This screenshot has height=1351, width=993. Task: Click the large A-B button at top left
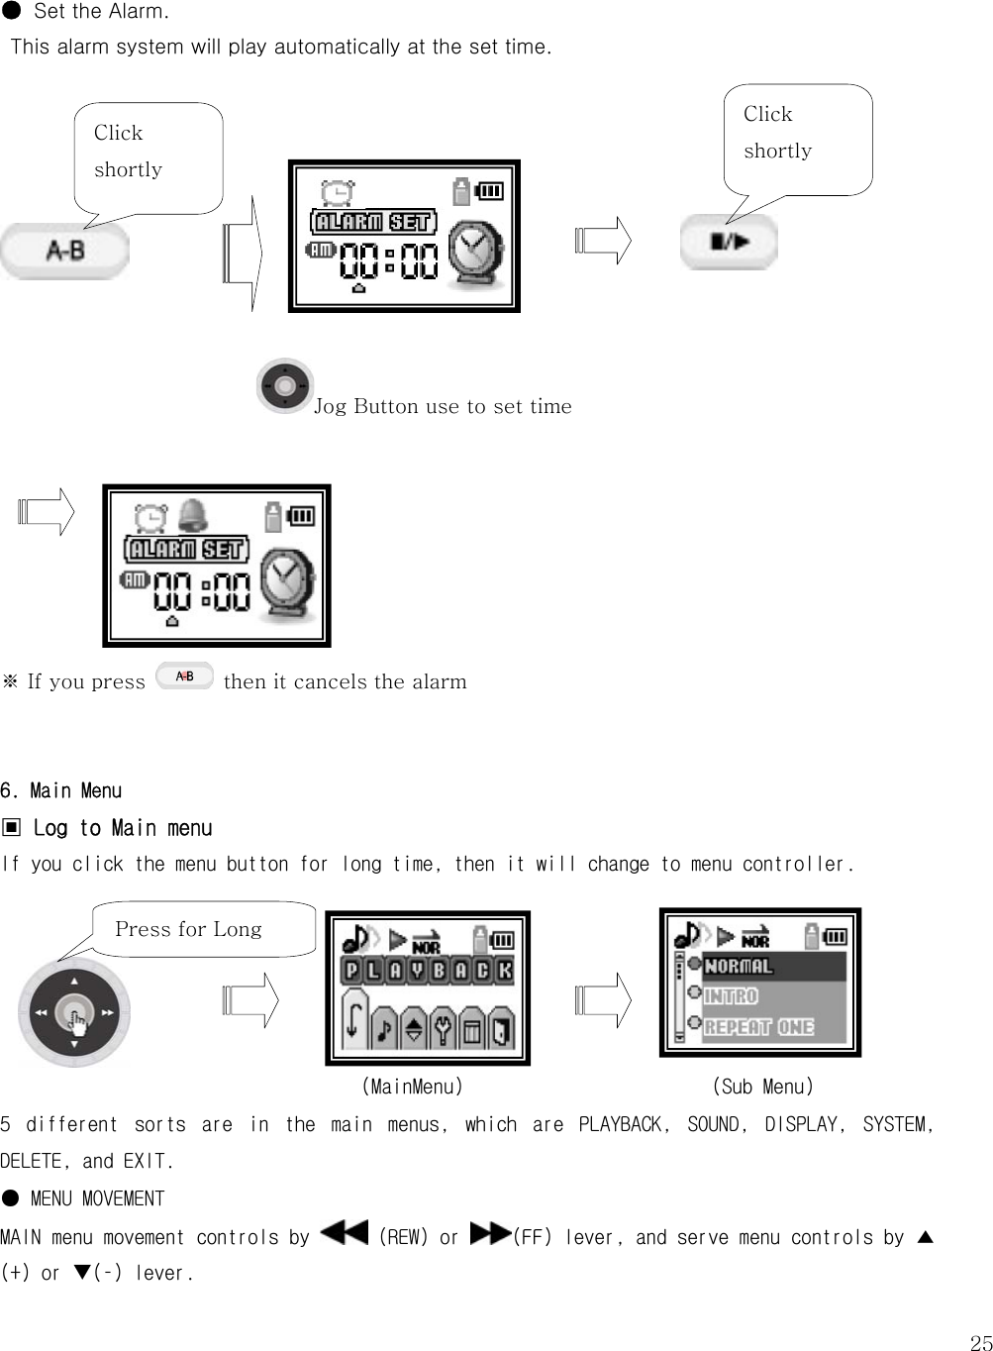64,251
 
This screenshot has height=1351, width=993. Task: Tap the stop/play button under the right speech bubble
729,242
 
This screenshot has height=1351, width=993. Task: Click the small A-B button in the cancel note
184,676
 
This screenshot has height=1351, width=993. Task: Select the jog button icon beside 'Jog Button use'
285,385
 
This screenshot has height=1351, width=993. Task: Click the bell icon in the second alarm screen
191,515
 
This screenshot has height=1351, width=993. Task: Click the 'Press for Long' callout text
188,929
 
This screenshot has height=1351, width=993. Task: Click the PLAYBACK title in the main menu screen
428,971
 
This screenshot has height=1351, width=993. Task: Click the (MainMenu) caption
412,1087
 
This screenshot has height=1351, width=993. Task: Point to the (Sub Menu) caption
762,1087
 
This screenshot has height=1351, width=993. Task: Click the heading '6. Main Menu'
61,790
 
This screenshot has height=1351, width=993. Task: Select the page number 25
980,1342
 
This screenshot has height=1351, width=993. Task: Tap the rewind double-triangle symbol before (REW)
345,1234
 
